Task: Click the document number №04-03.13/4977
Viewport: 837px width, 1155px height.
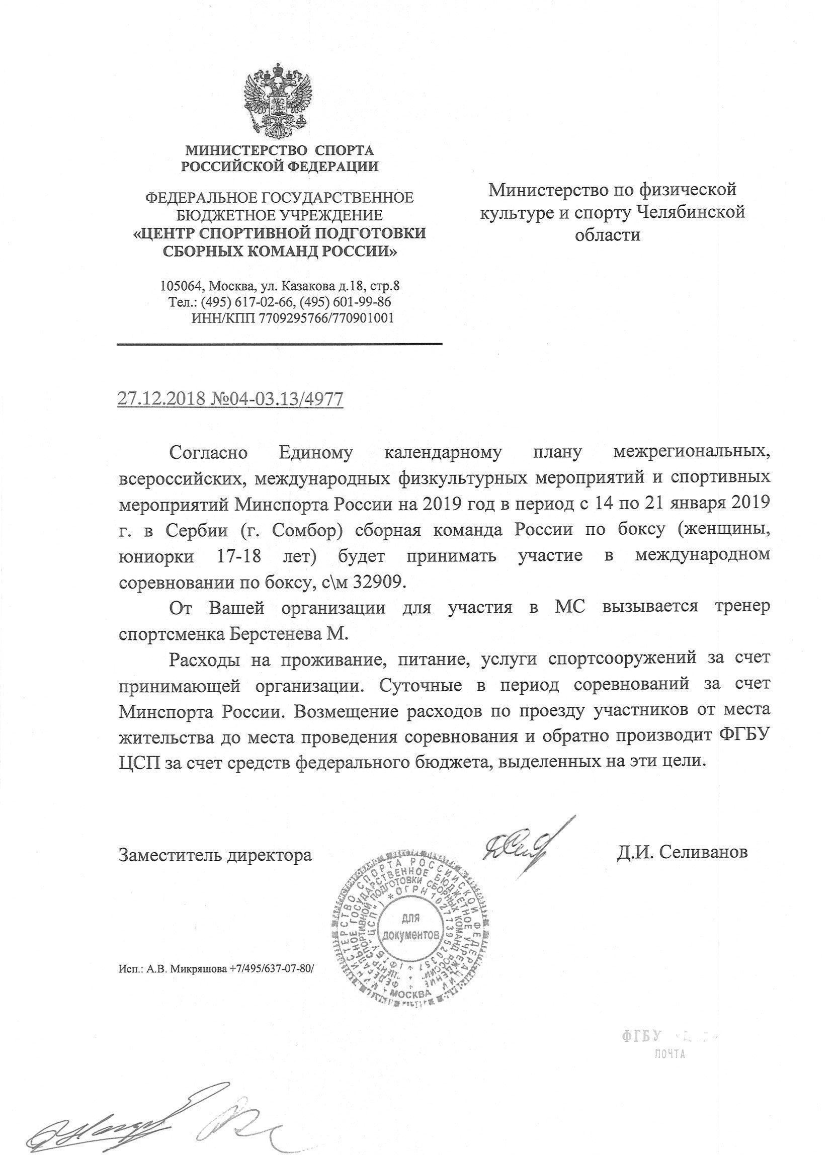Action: coord(275,399)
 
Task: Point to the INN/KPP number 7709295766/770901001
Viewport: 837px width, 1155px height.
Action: coord(326,318)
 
